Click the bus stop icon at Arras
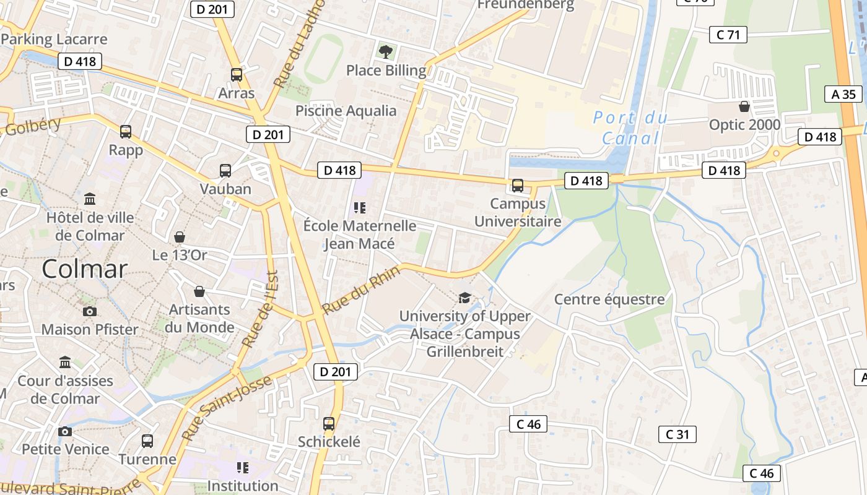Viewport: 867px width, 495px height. [236, 75]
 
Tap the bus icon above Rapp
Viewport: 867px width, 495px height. [126, 131]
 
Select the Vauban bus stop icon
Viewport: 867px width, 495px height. [225, 171]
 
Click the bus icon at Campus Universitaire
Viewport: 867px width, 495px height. [518, 185]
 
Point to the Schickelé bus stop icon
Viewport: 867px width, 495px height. [329, 424]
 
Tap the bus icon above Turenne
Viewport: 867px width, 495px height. [147, 441]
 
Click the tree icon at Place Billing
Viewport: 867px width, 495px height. [386, 52]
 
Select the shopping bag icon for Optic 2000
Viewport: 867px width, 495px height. [744, 106]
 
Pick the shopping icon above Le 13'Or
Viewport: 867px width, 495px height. [180, 237]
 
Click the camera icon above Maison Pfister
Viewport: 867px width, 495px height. [90, 311]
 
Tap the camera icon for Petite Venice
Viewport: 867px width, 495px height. [65, 431]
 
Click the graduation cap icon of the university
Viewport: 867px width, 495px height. [464, 298]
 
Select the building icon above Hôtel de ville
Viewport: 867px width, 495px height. [90, 199]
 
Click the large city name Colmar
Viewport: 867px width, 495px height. [85, 269]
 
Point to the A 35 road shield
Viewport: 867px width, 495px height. [843, 94]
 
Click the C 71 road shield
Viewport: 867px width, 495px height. [728, 35]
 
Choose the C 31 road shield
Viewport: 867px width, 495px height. [677, 434]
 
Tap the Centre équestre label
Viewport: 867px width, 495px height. [609, 299]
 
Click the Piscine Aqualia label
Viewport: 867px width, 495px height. [346, 111]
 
